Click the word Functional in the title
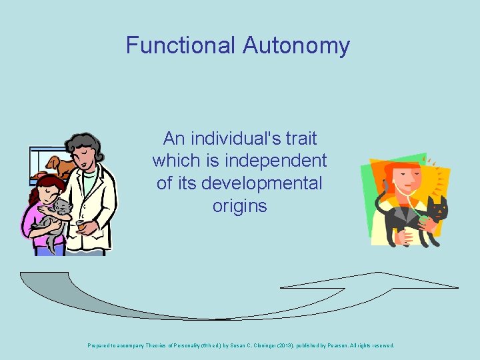[180, 45]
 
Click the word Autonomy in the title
[296, 45]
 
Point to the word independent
[276, 161]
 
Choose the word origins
[239, 206]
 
